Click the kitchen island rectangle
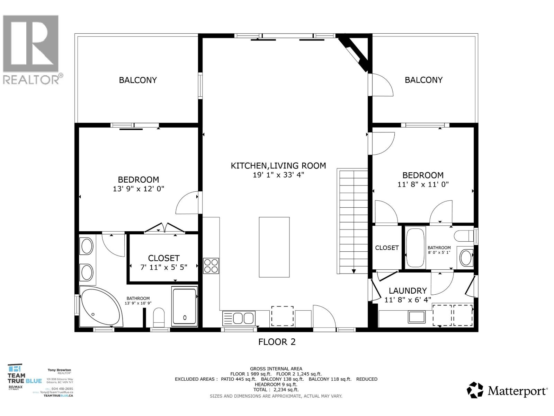274,247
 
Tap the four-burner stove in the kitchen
211,266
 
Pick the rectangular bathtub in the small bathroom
415,247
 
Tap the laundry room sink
417,317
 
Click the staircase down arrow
354,271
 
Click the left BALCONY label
138,80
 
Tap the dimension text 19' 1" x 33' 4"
278,175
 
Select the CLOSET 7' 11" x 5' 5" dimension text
164,267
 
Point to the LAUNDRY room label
408,291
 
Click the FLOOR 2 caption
277,342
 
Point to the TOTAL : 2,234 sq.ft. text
276,390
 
